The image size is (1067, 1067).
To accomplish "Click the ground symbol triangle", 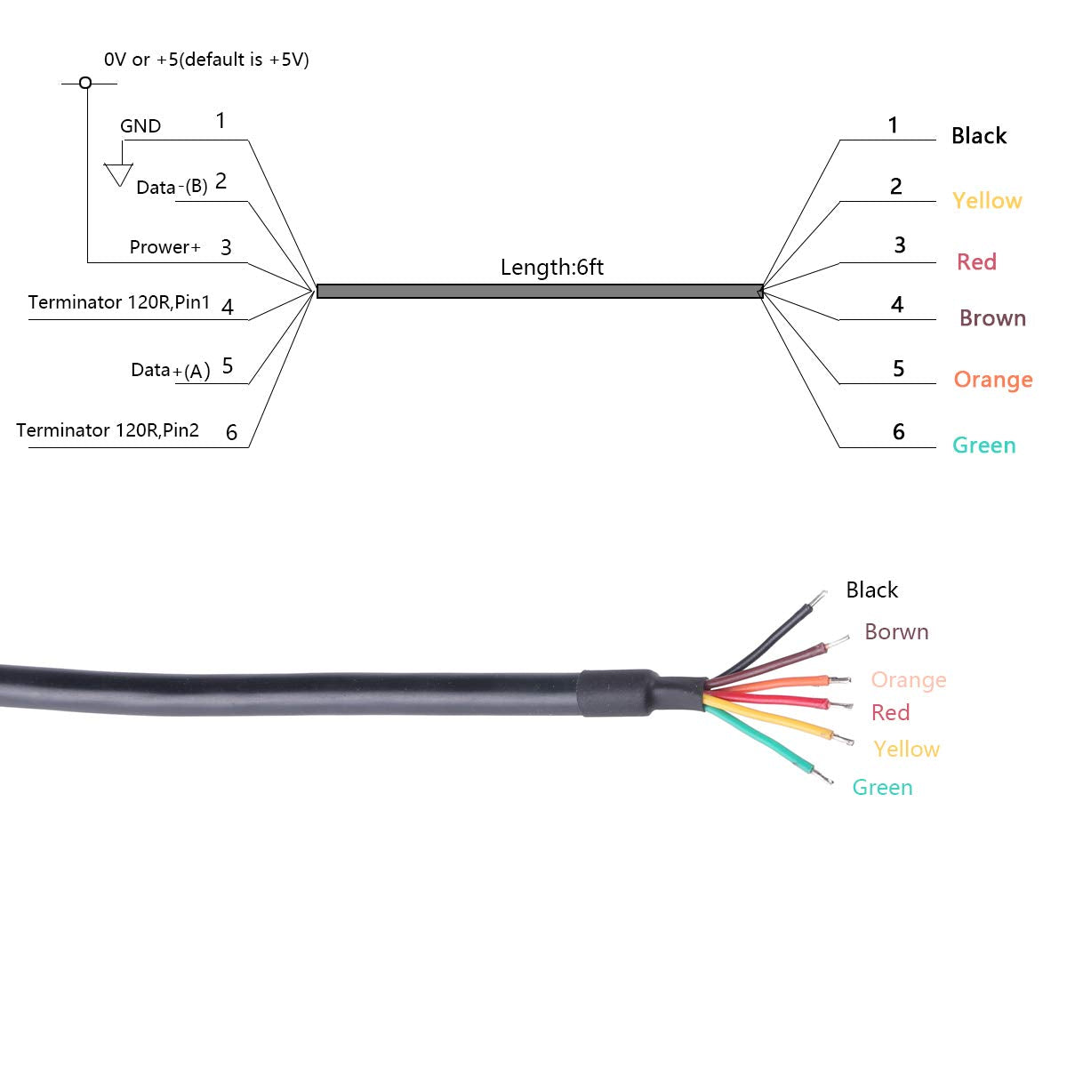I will click(118, 174).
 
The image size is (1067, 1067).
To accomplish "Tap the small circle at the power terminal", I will click(85, 83).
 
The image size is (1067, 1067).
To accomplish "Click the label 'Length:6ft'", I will click(551, 267).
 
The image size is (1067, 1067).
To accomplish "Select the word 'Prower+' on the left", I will click(165, 247).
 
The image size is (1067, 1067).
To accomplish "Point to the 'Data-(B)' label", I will click(172, 187).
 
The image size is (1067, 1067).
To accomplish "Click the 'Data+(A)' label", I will click(171, 370).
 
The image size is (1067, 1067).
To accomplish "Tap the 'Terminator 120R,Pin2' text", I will click(108, 430).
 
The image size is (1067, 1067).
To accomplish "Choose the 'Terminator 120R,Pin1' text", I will click(119, 302).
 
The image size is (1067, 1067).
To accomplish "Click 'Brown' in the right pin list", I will click(992, 318).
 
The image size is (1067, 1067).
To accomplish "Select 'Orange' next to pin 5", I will click(993, 380).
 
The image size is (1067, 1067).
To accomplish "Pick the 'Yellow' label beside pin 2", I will click(987, 201).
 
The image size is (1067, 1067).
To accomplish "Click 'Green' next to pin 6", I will click(983, 445).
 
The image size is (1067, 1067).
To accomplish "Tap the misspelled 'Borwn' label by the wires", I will click(896, 632).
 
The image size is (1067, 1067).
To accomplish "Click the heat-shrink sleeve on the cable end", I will click(622, 692).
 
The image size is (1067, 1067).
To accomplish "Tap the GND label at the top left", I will click(140, 126).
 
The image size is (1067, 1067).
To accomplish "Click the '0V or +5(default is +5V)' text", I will click(206, 60).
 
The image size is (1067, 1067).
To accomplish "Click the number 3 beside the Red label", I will click(900, 245).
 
